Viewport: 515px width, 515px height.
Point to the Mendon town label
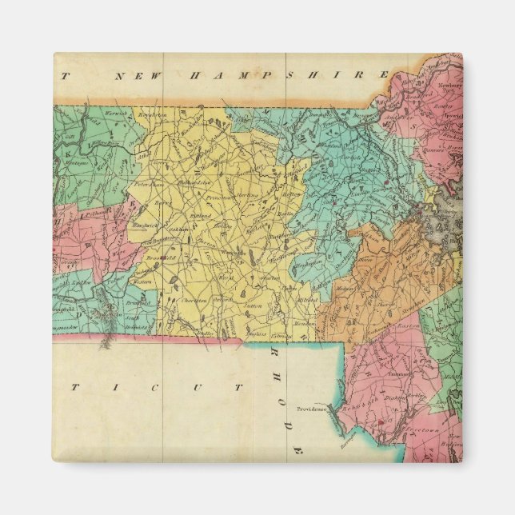pyautogui.click(x=281, y=323)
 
